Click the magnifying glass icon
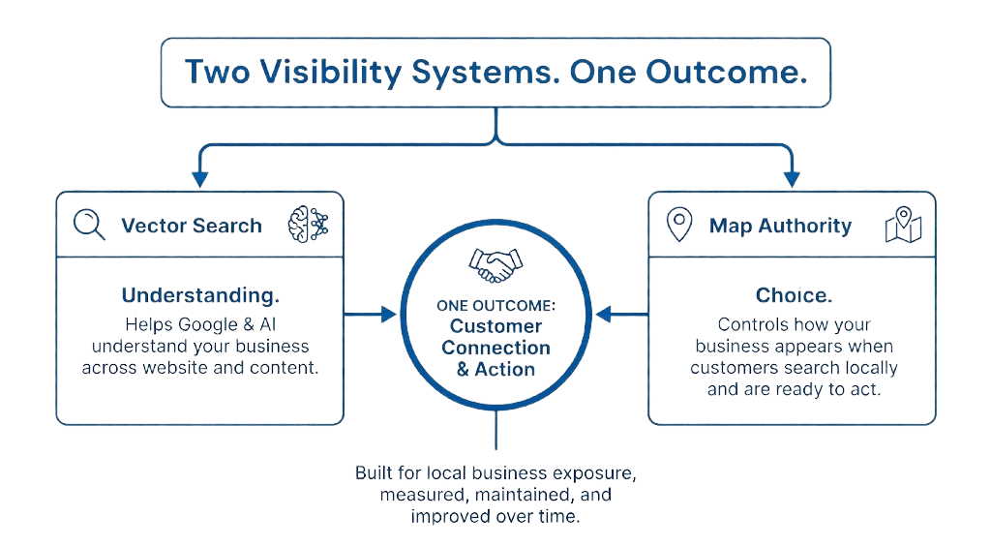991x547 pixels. [89, 225]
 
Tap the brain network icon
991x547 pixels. [308, 225]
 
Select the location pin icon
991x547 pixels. [679, 225]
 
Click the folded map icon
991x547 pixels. [903, 225]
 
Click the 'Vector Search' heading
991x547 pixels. [192, 226]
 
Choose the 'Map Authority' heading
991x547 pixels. [780, 226]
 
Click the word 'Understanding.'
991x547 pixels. [199, 295]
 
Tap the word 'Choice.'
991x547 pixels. [794, 295]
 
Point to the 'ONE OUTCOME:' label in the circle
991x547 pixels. [495, 306]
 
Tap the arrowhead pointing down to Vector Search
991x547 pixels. [200, 178]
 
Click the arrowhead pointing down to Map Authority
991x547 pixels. [792, 178]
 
